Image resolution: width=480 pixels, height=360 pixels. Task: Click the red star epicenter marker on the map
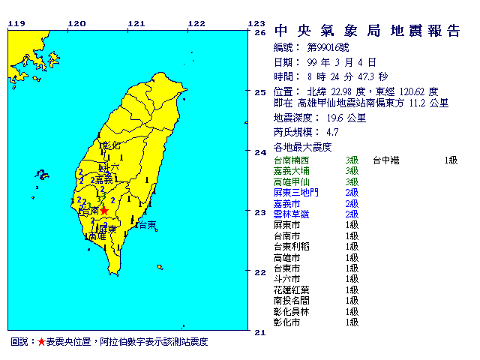(105, 212)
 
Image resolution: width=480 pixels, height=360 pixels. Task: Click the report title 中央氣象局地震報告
(367, 31)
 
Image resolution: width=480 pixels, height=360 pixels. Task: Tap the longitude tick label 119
(16, 23)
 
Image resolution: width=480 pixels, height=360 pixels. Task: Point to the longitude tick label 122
(196, 23)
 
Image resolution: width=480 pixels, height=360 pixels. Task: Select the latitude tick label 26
(260, 33)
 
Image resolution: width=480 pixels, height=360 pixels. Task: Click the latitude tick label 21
(260, 331)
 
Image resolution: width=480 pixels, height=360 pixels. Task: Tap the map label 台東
(147, 225)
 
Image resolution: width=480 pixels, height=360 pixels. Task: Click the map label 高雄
(97, 235)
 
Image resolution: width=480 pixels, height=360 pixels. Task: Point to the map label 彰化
(110, 145)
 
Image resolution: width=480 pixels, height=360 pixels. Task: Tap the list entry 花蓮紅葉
(289, 289)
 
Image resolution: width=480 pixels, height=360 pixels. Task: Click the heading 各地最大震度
(302, 147)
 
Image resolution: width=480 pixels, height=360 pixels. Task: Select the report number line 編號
(307, 46)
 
